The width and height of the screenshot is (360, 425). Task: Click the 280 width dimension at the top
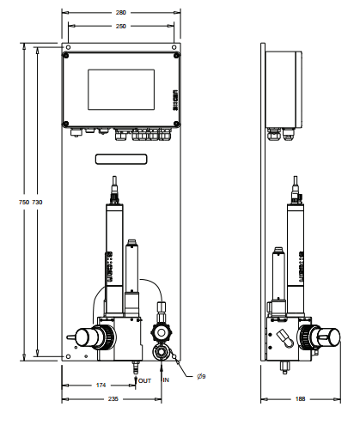point(120,13)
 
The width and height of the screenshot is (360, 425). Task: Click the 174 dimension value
point(101,386)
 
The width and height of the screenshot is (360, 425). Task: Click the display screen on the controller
point(121,88)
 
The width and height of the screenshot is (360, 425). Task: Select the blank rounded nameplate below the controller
point(121,158)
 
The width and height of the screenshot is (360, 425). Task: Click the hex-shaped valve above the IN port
point(160,332)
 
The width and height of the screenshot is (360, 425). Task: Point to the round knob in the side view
point(324,336)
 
